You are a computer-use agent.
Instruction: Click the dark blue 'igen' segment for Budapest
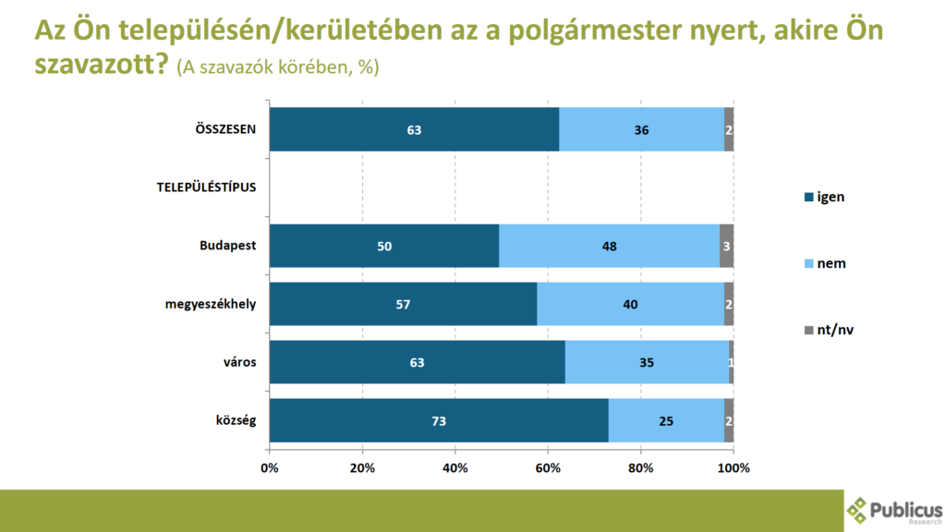point(384,246)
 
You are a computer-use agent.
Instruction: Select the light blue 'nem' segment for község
point(666,421)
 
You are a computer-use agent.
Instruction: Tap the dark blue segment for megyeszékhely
point(403,304)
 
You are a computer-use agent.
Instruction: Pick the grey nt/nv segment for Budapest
point(727,246)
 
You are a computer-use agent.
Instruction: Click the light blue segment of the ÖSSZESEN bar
point(641,129)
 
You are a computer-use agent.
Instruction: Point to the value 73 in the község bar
point(439,422)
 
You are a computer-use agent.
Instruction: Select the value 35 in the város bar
point(646,363)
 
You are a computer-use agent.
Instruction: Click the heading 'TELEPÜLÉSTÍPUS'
point(205,187)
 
